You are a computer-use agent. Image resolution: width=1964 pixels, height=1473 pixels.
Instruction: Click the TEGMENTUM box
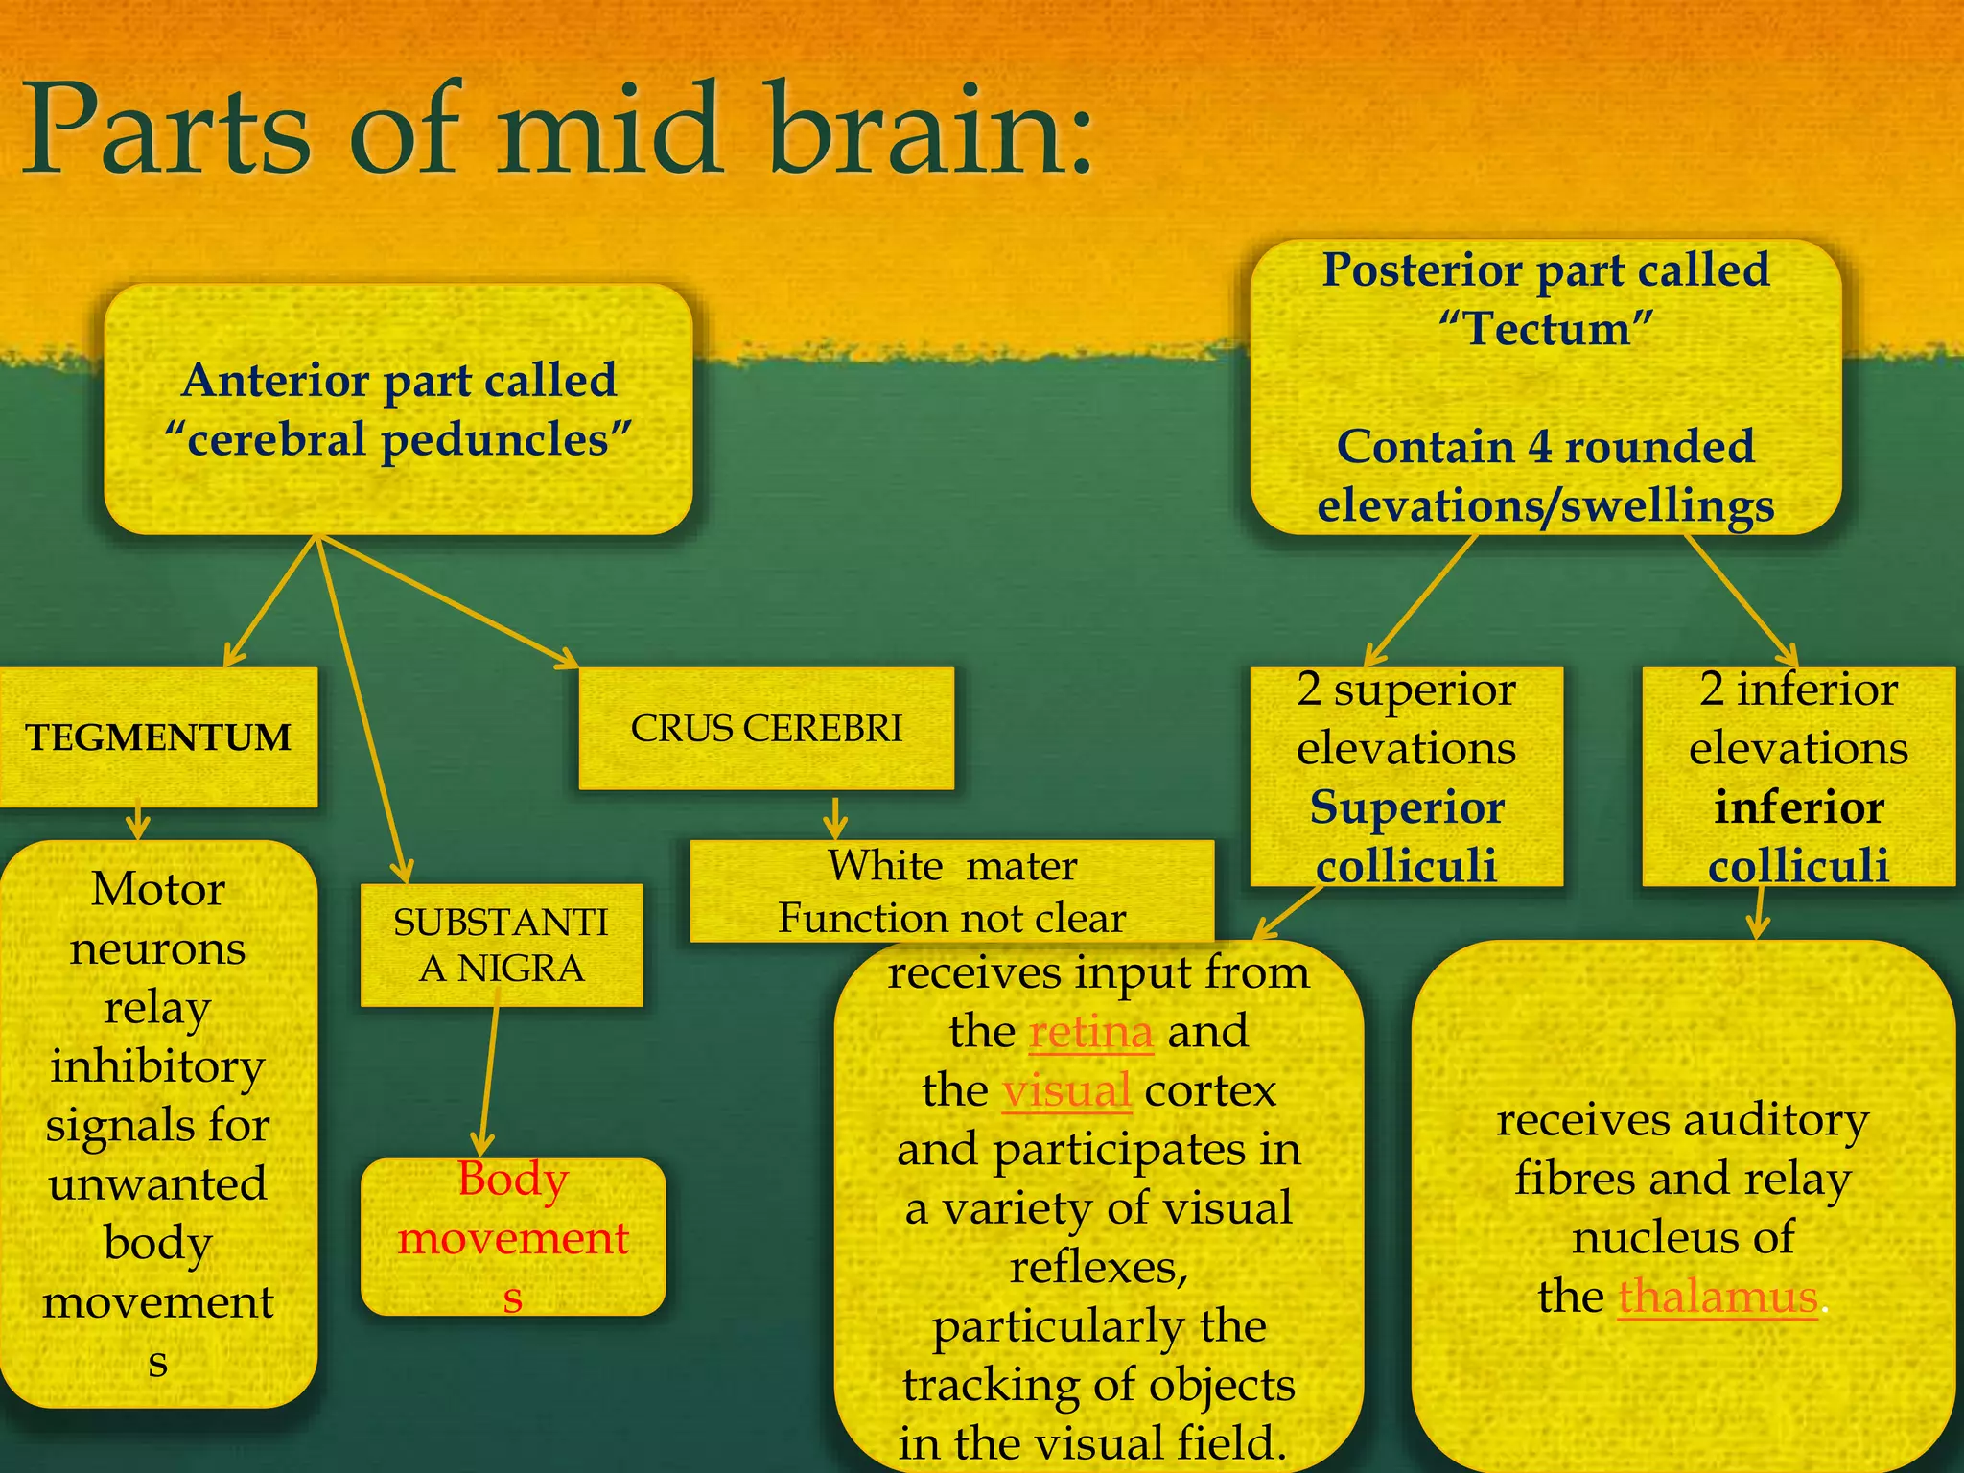pos(158,736)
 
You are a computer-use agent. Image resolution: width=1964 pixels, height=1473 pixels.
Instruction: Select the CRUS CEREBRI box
pos(766,729)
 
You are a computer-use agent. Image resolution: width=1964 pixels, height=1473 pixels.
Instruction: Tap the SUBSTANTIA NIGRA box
pos(501,946)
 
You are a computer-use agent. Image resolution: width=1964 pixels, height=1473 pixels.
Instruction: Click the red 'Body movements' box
pos(513,1237)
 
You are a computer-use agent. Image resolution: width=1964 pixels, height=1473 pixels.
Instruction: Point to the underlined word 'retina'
pos(1090,1032)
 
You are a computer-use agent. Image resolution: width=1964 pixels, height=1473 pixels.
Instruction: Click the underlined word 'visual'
pos(1066,1091)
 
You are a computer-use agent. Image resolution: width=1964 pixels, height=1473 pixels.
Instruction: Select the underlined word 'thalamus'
pos(1718,1298)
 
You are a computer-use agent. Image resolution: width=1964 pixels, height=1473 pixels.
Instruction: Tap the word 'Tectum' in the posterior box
pos(1547,329)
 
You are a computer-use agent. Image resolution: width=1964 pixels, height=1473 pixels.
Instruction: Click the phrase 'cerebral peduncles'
pos(398,440)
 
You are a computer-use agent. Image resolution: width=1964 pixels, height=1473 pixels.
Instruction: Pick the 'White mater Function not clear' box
pos(951,892)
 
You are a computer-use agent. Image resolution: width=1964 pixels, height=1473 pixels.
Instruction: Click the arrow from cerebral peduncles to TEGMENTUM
pos(271,600)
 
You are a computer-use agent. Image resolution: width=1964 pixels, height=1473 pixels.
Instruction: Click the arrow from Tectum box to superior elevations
pos(1420,599)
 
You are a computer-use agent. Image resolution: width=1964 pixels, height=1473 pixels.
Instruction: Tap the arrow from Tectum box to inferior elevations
pos(1741,599)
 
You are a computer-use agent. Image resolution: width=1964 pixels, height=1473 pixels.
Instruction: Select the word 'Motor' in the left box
pos(158,889)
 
